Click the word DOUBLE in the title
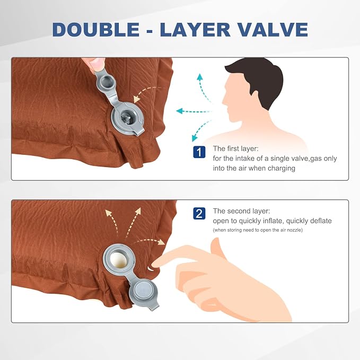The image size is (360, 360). pyautogui.click(x=96, y=30)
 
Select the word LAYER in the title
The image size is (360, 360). pyautogui.click(x=195, y=30)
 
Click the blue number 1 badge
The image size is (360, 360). pyautogui.click(x=199, y=152)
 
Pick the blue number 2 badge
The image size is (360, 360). pyautogui.click(x=199, y=214)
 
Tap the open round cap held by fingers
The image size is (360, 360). pyautogui.click(x=106, y=81)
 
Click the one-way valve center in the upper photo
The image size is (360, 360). pyautogui.click(x=127, y=118)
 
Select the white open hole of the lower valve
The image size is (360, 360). pyautogui.click(x=118, y=259)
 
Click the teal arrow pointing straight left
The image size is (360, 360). pyautogui.click(x=194, y=111)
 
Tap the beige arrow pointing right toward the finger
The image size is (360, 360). pyautogui.click(x=149, y=241)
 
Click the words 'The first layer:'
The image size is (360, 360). pyautogui.click(x=235, y=148)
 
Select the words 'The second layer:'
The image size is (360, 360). pyautogui.click(x=242, y=211)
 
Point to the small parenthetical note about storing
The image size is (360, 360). pyautogui.click(x=258, y=230)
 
